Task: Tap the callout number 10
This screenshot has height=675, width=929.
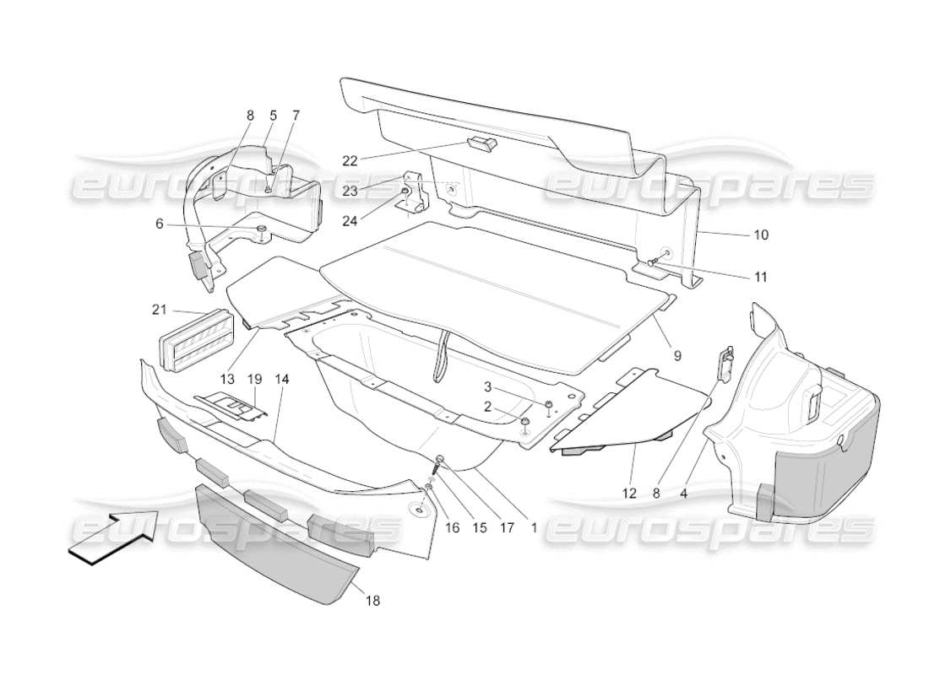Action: [760, 235]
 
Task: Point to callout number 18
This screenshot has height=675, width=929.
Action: [372, 601]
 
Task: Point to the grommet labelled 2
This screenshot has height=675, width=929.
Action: [525, 420]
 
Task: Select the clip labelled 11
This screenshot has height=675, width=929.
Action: [652, 263]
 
